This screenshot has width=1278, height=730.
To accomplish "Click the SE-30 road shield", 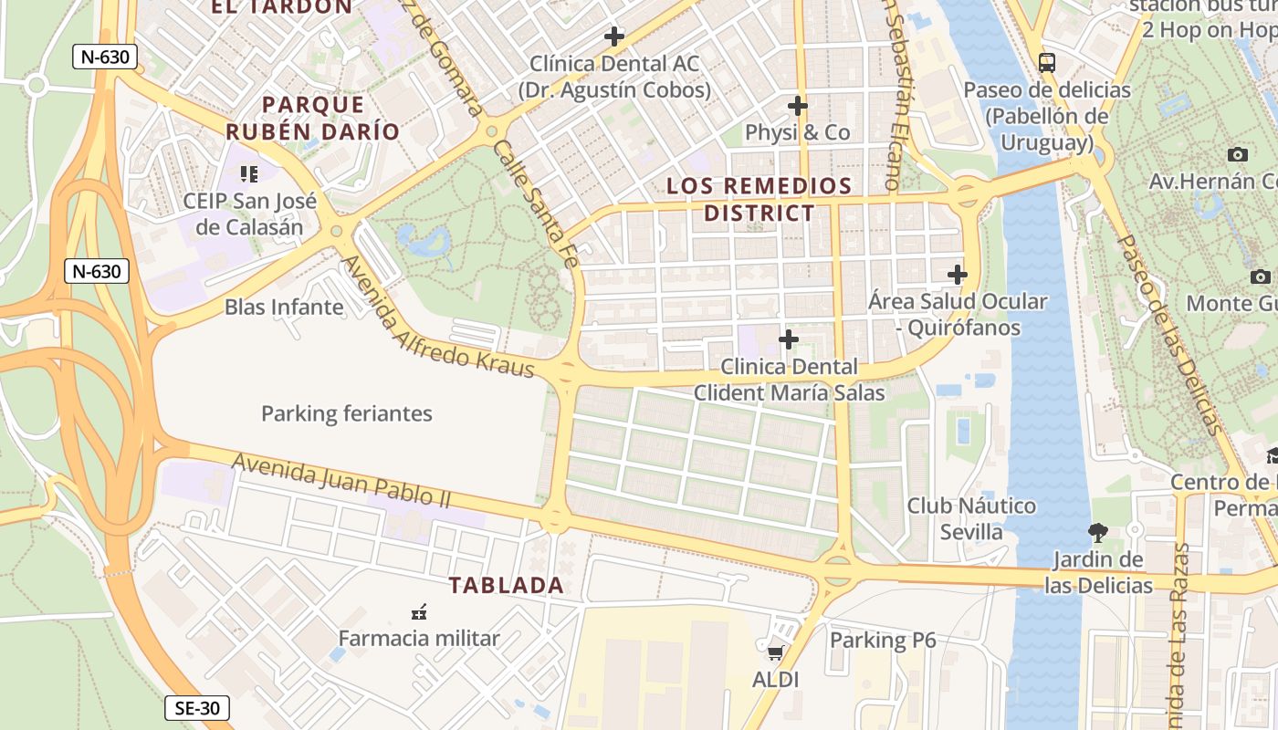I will point(198,708).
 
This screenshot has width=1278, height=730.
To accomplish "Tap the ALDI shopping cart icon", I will point(775,652).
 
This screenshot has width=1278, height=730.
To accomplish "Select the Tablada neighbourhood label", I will point(506,586).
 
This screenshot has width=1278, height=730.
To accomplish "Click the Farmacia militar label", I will point(419,638).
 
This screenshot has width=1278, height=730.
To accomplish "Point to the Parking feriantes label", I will point(347,413).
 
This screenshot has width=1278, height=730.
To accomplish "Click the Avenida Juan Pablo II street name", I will point(341,481).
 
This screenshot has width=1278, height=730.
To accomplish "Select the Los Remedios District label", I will point(759,200).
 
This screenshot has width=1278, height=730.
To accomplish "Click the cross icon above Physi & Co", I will point(798,106).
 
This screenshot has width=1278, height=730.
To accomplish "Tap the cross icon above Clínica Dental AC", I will point(614,36).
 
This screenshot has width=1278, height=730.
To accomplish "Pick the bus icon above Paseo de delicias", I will point(1047,63).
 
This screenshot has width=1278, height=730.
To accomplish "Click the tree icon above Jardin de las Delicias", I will point(1098,532).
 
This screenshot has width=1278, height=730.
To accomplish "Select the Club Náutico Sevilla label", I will point(971,518).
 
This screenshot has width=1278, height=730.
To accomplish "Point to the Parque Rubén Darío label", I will point(313,118).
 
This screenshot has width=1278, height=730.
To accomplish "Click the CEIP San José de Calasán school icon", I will point(249,173).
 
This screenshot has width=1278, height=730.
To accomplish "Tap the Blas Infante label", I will point(284,307).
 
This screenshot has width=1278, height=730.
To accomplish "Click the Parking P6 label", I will point(883,641).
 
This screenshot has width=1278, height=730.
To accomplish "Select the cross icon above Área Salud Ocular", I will point(957,274).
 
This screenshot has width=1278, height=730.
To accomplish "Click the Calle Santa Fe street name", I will point(536,203).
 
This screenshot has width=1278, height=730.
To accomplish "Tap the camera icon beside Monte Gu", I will point(1261,276).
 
